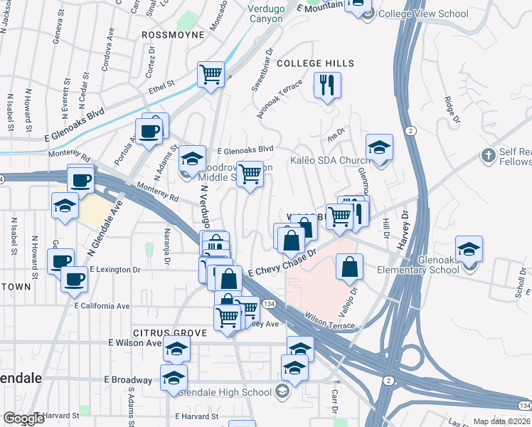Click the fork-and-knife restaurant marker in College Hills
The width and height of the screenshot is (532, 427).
click(327, 85)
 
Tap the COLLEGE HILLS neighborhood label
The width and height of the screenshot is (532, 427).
click(315, 64)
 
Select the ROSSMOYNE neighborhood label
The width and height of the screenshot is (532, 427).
click(173, 34)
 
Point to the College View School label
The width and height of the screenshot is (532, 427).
click(423, 14)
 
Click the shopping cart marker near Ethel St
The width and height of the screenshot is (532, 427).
click(211, 73)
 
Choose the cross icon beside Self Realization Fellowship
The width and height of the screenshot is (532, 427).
click(488, 154)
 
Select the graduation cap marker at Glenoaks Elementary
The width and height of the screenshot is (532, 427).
click(469, 251)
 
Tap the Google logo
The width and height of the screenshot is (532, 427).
click(23, 418)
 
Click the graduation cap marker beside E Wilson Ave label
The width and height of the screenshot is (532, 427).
click(177, 349)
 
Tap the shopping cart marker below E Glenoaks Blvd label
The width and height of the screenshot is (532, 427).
click(250, 173)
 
